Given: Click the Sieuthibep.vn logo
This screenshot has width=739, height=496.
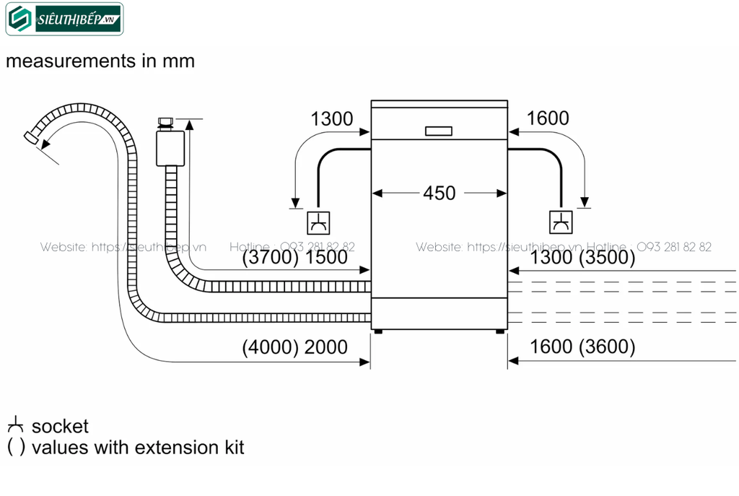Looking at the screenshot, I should [64, 19].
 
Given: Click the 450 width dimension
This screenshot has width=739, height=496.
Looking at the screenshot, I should [439, 193].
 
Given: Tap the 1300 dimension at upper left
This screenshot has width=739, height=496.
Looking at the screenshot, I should [331, 118].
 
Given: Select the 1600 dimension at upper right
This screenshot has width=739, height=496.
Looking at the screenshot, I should [548, 118].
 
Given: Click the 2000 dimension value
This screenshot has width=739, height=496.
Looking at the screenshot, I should [325, 347].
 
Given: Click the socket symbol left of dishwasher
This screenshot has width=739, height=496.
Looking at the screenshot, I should [318, 222].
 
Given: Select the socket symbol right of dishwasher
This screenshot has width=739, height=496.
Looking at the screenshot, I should [560, 222].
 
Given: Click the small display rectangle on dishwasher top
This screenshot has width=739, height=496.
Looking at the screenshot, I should [439, 131].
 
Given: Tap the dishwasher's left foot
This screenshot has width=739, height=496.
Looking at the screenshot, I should [377, 331].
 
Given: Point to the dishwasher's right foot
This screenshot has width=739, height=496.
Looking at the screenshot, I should [500, 331].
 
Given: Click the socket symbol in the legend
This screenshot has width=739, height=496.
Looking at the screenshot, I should [15, 426].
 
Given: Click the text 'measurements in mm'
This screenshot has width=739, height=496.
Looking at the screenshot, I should [100, 61].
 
